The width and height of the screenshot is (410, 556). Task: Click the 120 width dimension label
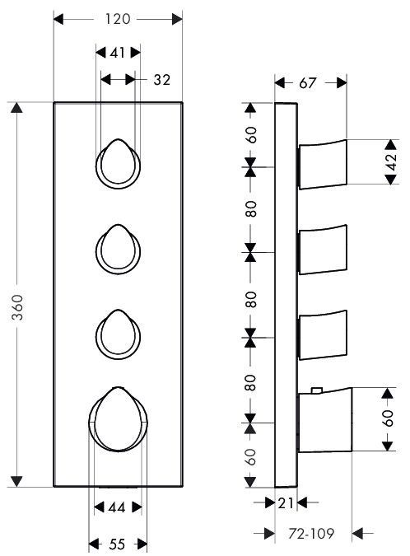117,19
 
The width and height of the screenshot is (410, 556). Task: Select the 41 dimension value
117,53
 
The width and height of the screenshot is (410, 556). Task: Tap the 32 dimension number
161,80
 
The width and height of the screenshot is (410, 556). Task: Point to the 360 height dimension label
17,307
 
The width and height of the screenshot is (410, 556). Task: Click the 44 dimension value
117,507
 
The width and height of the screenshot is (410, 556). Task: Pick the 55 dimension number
117,544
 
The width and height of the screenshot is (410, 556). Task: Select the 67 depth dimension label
307,83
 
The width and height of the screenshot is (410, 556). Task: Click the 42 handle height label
391,162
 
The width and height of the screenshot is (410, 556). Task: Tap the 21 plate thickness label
286,502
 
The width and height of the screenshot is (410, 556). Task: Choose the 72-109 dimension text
311,533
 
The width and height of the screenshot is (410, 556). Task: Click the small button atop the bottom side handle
316,390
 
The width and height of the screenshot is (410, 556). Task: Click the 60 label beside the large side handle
389,418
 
